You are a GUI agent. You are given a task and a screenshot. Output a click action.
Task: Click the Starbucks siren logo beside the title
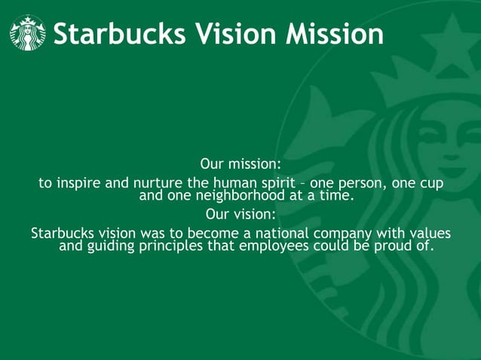pyautogui.click(x=28, y=33)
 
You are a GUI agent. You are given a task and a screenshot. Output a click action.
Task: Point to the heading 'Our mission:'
pyautogui.click(x=240, y=163)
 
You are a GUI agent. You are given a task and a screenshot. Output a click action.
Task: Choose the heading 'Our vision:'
pyautogui.click(x=240, y=212)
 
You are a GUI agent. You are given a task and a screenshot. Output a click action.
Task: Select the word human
pyautogui.click(x=236, y=185)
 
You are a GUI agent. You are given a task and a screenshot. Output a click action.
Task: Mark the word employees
pyautogui.click(x=270, y=246)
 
